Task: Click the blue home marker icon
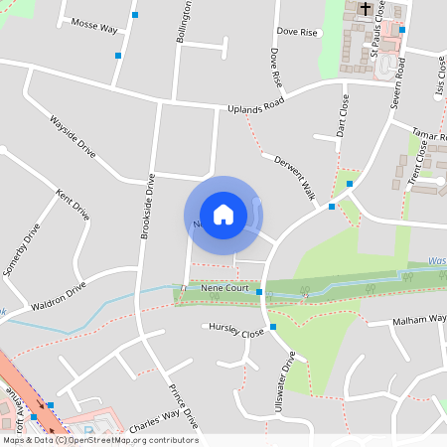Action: (223, 214)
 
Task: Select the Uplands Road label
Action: (255, 102)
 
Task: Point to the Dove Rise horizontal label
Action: (297, 33)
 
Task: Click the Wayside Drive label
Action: (73, 136)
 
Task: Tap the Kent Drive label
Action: (73, 205)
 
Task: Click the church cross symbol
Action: (366, 9)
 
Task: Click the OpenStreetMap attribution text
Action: (99, 440)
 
